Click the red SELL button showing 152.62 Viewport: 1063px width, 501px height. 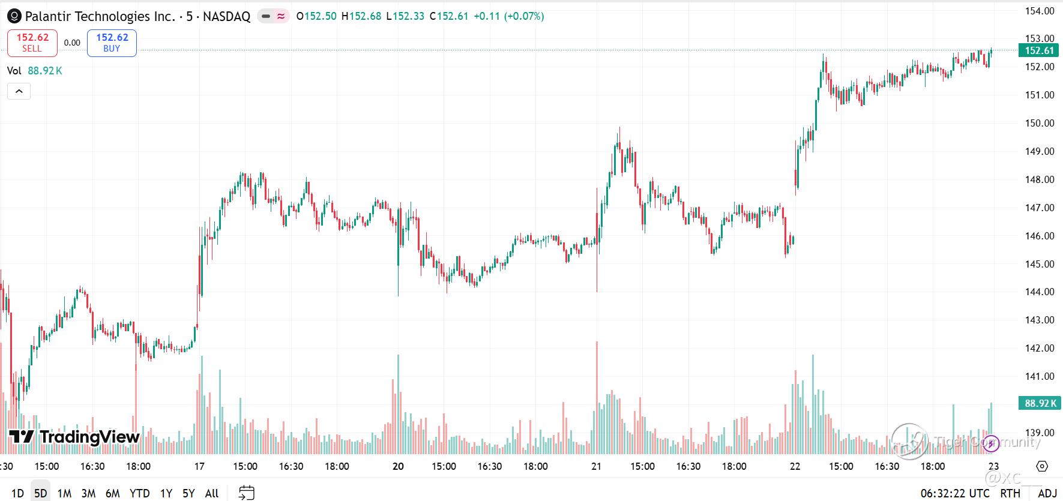(x=32, y=43)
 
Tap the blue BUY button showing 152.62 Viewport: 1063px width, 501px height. (x=112, y=43)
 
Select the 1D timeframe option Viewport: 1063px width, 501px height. (x=17, y=493)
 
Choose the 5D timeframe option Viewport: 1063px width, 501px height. (x=40, y=493)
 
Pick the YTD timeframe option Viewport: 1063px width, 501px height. (x=139, y=493)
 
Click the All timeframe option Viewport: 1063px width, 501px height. (x=211, y=493)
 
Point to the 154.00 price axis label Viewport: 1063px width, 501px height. (x=1040, y=11)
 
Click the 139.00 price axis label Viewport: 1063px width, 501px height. (x=1040, y=433)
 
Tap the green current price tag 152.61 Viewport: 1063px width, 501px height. (x=1040, y=50)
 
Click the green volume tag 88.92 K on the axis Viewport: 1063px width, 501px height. (x=1040, y=403)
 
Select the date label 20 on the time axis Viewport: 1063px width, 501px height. (x=398, y=466)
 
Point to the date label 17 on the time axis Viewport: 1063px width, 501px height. (x=199, y=466)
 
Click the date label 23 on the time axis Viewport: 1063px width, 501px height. (x=993, y=466)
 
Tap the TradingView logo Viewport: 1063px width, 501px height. (x=74, y=437)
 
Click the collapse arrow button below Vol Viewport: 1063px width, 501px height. (x=19, y=91)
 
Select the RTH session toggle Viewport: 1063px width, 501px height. (x=1010, y=493)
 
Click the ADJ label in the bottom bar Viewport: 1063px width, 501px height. (x=1047, y=493)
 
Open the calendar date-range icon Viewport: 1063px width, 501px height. (x=247, y=493)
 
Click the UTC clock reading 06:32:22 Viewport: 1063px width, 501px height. (x=955, y=493)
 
